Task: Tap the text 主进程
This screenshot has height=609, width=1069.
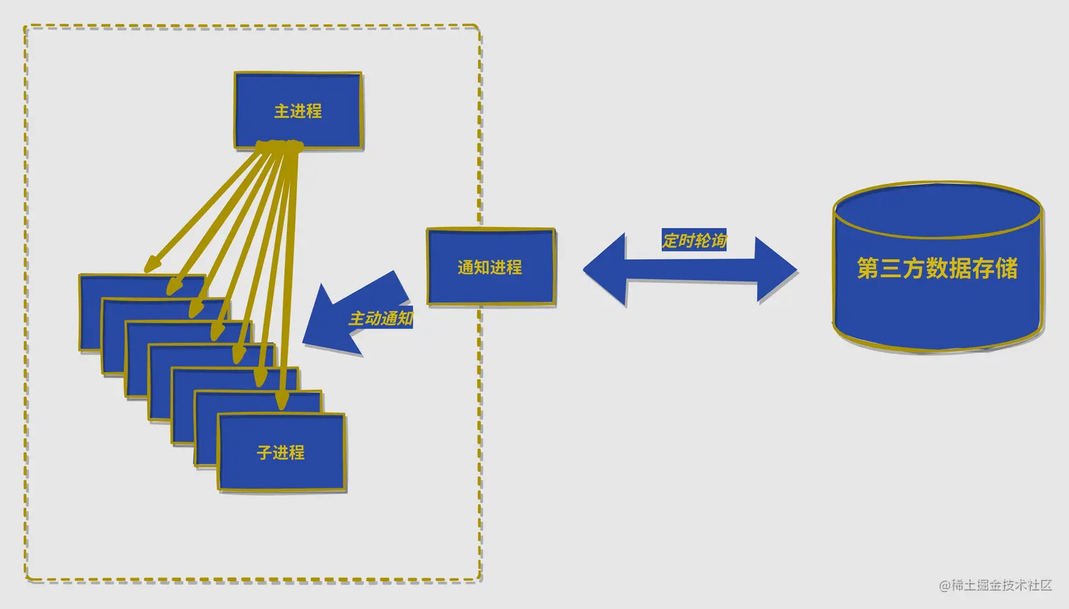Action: tap(298, 111)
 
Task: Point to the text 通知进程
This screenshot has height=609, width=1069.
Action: tap(490, 267)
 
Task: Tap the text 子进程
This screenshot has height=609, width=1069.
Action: tap(281, 452)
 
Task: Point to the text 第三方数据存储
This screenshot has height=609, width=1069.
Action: tap(937, 268)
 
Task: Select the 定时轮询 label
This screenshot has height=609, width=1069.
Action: tap(694, 240)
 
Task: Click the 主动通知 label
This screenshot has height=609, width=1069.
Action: tap(380, 318)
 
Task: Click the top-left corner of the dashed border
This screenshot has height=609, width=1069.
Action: tap(26, 28)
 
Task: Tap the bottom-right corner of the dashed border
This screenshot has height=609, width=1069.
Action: tap(479, 580)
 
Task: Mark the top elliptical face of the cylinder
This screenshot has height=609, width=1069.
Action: tap(937, 209)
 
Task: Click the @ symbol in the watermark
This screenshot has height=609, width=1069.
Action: tap(944, 586)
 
